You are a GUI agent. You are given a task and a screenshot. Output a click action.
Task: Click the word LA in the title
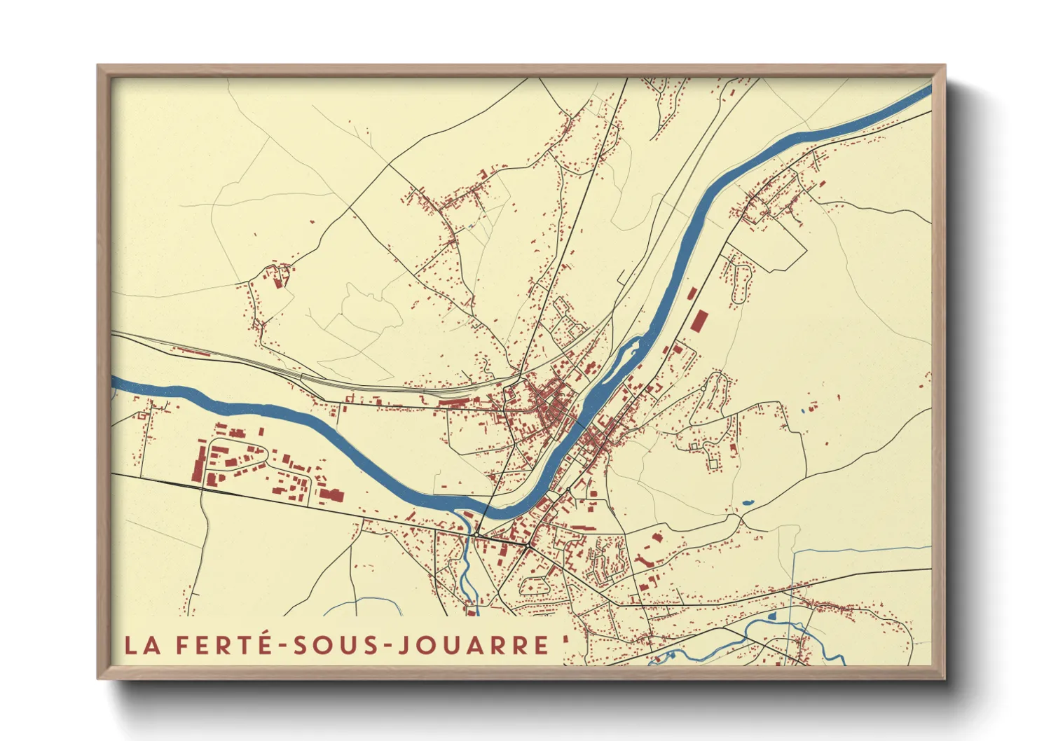coord(143,645)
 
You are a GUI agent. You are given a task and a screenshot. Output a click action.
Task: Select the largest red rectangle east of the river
coord(699,321)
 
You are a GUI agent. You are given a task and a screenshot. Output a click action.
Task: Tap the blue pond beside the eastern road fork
coord(747,503)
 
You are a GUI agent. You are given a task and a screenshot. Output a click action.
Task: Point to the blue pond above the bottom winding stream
coord(773,616)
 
